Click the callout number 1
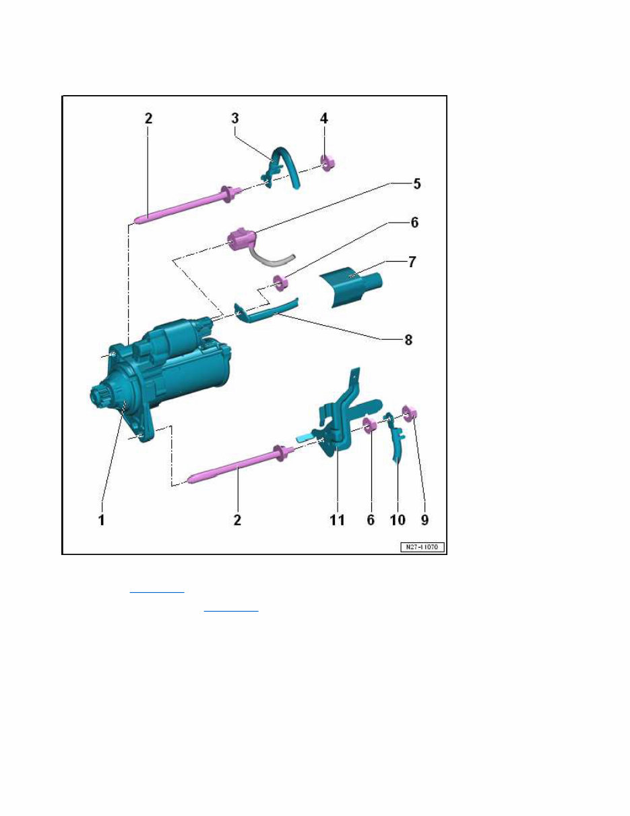point(102,521)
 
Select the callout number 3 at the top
point(235,118)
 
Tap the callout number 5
point(399,183)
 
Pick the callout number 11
point(336,521)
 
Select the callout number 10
point(397,521)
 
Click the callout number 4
point(324,118)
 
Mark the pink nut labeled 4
point(328,163)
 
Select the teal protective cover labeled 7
point(350,286)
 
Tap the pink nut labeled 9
point(409,412)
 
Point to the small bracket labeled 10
point(397,440)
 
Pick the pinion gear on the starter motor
point(103,396)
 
